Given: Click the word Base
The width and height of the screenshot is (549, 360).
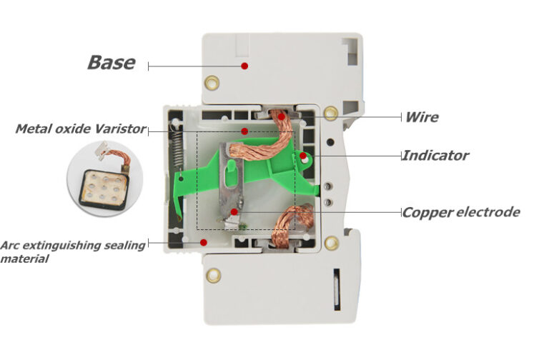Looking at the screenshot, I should point(111,62).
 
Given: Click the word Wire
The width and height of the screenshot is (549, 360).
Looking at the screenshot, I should point(422,117).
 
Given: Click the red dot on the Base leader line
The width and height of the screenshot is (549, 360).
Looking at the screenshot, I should point(244,66).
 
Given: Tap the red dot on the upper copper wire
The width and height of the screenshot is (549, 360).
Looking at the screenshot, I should point(282,116).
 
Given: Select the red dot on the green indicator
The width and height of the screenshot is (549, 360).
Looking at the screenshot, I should point(303,155).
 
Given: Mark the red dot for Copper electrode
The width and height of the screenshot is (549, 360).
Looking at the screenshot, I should point(234,212).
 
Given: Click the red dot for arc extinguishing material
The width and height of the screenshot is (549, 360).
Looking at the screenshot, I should point(204,243).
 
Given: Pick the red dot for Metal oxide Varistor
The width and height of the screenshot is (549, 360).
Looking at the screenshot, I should point(244,131).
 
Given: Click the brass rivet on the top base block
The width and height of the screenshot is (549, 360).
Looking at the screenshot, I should point(212,83).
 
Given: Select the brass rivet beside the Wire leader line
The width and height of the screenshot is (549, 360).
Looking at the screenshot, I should point(330,113).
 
